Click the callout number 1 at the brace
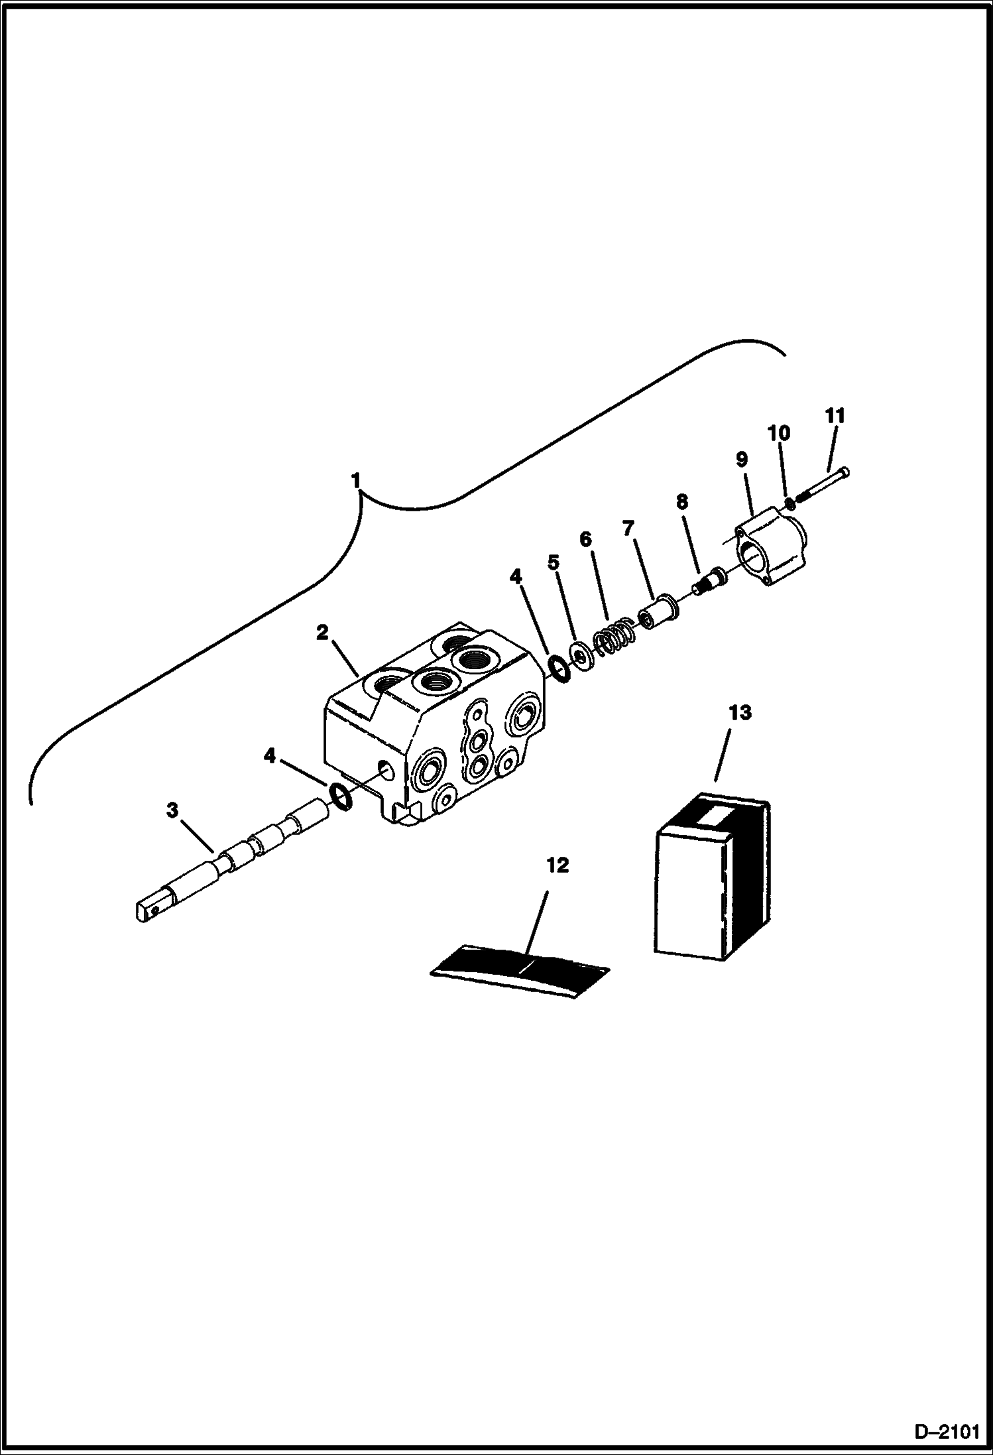(356, 480)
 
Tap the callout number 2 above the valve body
(322, 633)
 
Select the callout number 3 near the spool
(172, 810)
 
